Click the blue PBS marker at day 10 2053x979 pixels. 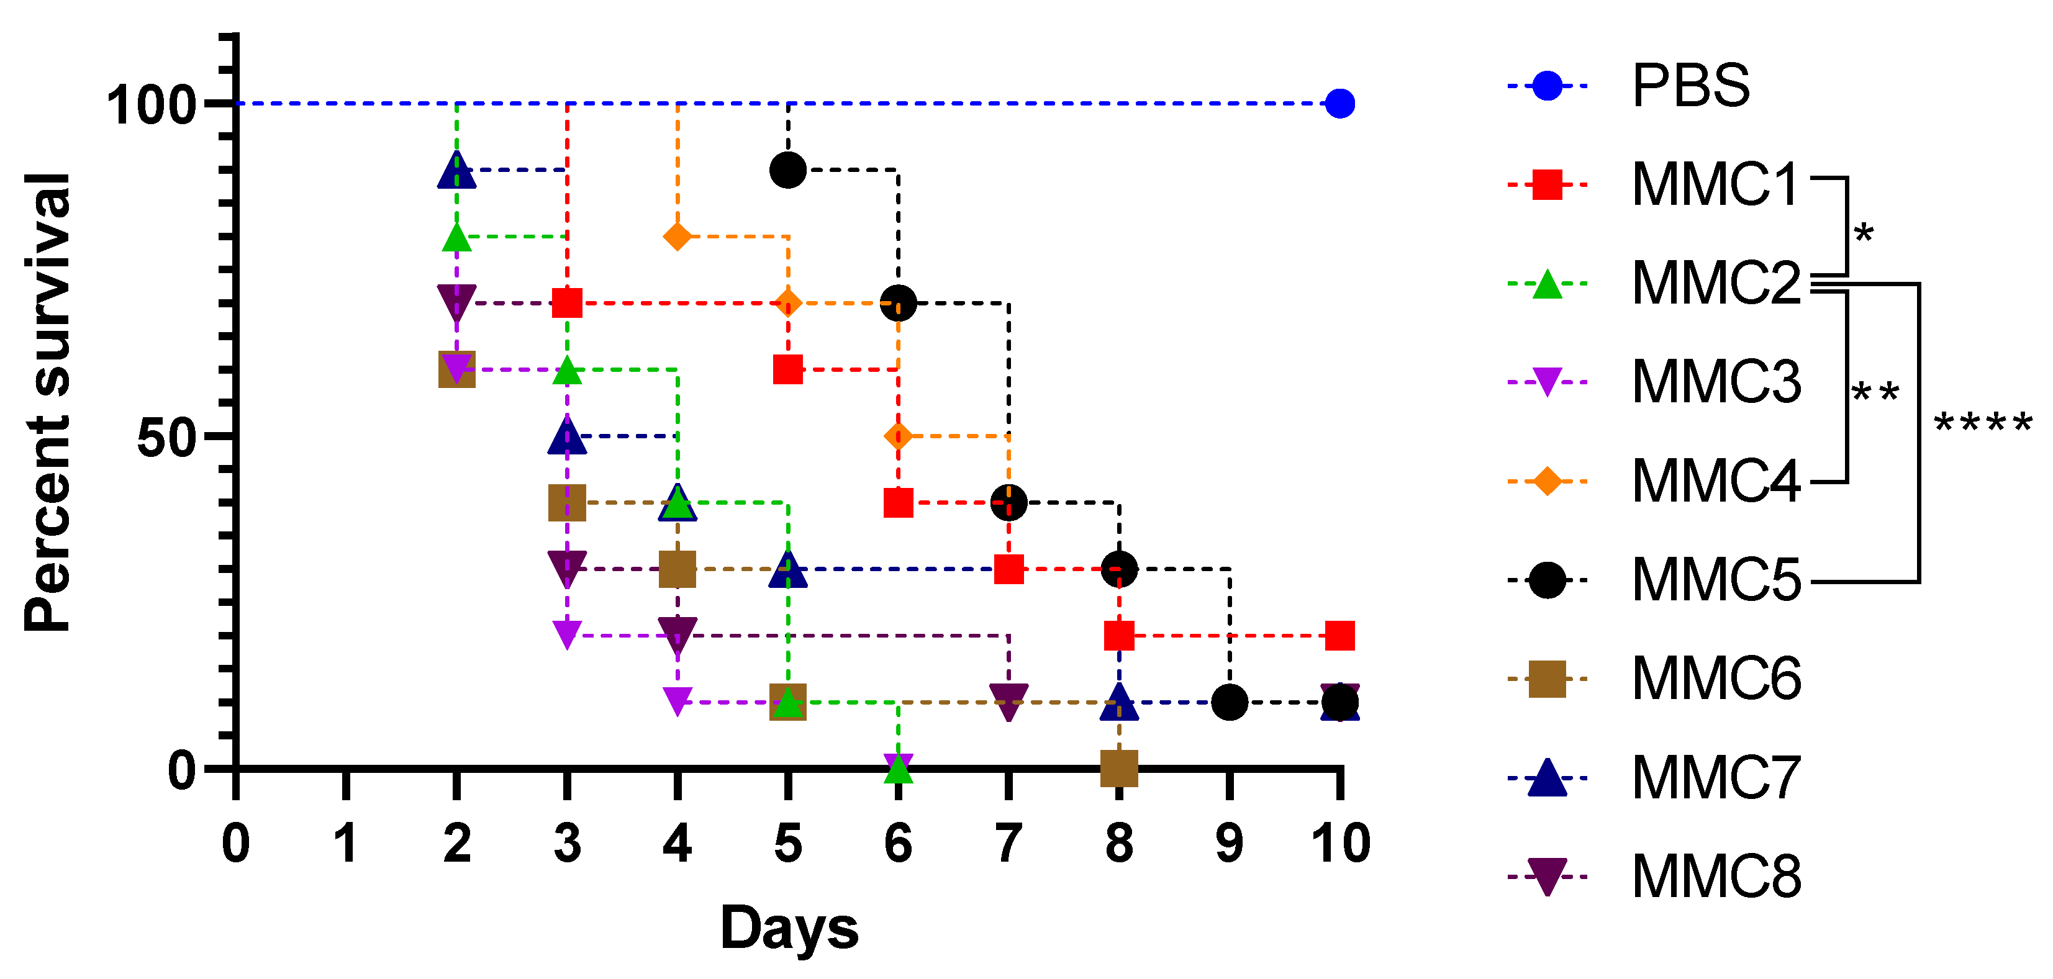(x=1339, y=104)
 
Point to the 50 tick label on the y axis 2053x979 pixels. (x=166, y=437)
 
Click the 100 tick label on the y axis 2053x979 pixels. (x=151, y=104)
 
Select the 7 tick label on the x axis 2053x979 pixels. (x=1008, y=843)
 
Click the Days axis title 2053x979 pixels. (x=789, y=929)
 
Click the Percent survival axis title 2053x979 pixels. (x=48, y=402)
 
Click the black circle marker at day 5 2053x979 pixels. (x=787, y=169)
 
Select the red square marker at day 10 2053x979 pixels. (x=1339, y=636)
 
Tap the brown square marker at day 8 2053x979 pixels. (x=1119, y=768)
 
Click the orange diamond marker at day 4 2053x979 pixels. (x=678, y=237)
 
